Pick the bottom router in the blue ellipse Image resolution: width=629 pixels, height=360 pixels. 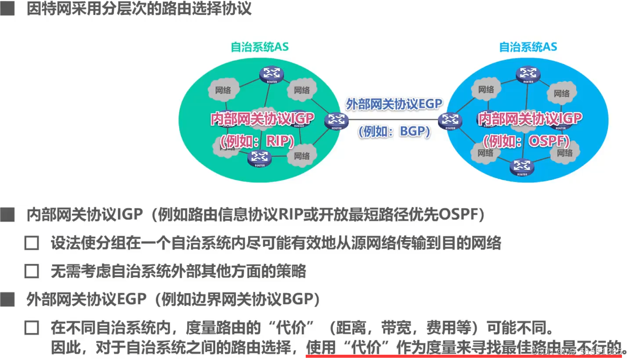(522, 167)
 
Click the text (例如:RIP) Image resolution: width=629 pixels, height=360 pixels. (257, 141)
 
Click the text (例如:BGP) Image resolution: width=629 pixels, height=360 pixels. (394, 131)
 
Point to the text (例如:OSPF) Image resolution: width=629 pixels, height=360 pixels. (526, 141)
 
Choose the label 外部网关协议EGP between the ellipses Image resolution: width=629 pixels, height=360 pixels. (394, 104)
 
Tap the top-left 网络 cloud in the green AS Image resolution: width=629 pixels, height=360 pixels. (223, 90)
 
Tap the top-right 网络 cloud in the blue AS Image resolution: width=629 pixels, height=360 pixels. (562, 93)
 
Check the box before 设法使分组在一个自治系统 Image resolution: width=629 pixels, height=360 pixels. (32, 243)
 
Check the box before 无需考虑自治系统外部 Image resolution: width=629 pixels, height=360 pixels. (32, 271)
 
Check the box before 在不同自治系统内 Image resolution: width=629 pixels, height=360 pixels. (32, 328)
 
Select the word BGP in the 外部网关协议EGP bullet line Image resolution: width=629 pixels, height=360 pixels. (297, 299)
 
